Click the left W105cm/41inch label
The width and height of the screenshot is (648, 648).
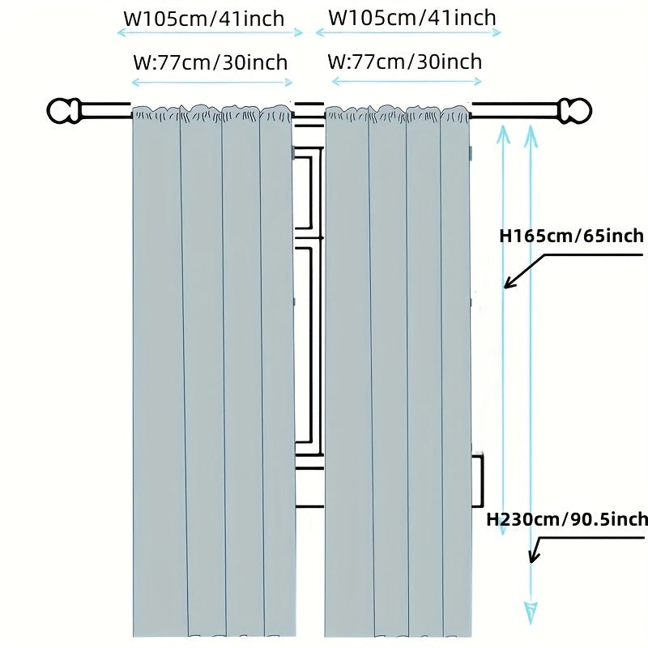point(204,18)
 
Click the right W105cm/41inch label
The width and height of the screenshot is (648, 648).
point(412,17)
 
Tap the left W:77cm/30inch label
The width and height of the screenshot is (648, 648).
point(210,62)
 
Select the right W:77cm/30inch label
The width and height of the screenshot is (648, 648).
point(405,61)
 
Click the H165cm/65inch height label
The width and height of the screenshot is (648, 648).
point(571,236)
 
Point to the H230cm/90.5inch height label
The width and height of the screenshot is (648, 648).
point(567,519)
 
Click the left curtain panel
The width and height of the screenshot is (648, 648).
point(213,373)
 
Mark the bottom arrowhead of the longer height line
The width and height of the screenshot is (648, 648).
point(531,610)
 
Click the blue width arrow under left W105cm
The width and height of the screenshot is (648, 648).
point(211,32)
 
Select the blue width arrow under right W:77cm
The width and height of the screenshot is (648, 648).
point(405,81)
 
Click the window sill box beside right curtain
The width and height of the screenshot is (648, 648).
point(477,480)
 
